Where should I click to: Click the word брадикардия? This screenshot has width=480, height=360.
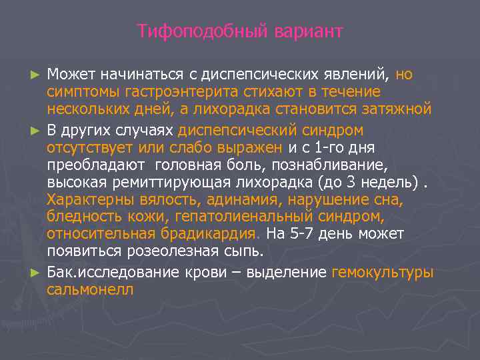tap(210, 235)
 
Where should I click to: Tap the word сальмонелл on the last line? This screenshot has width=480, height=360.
tap(90, 290)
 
